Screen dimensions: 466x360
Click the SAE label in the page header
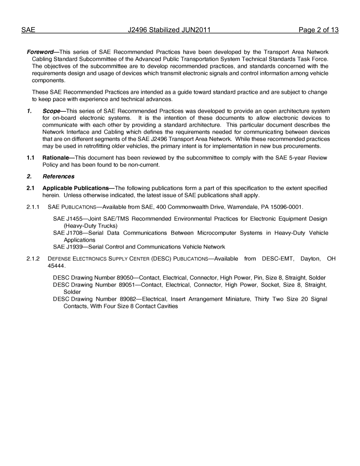[x=28, y=30]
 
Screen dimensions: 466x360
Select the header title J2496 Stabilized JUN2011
[x=169, y=30]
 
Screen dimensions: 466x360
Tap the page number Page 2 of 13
[x=318, y=30]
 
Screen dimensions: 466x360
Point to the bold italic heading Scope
[x=51, y=111]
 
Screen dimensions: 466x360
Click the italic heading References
[x=58, y=177]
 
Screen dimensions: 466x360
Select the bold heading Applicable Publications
[x=76, y=188]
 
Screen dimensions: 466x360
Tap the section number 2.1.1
[x=33, y=207]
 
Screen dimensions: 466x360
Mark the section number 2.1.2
[x=33, y=259]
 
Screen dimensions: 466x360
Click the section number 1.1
[x=31, y=158]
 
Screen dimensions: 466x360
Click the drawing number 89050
[x=126, y=278]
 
